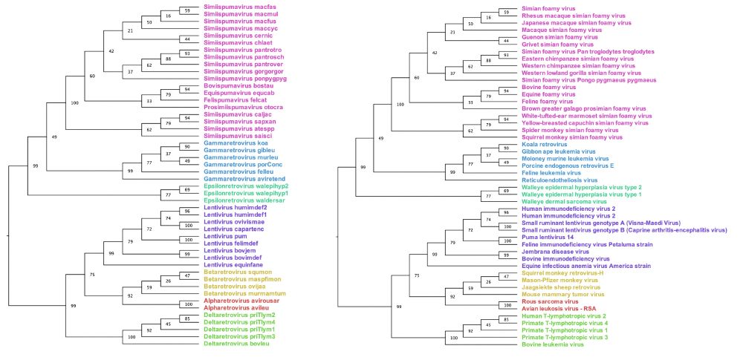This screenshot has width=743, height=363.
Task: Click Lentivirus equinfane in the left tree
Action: coord(234,264)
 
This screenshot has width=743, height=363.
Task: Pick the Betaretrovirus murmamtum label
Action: coord(241,293)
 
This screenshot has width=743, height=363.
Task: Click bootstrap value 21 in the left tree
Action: coord(131,31)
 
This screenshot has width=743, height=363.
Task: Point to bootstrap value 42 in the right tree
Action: coord(435,53)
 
